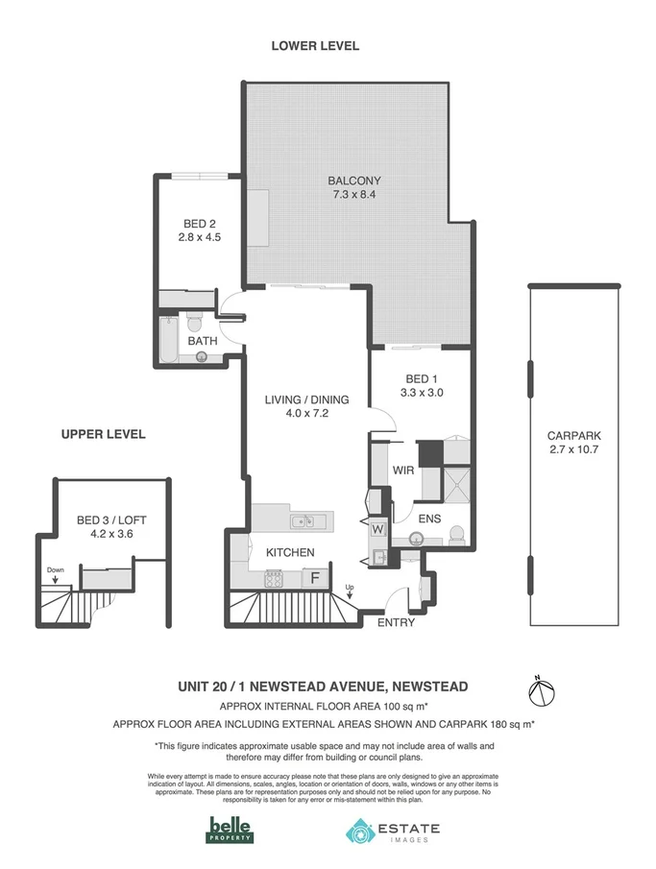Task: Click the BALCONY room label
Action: [354, 181]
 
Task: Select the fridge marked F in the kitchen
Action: [312, 578]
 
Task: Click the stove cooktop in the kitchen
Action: [274, 578]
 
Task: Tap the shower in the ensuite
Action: [454, 480]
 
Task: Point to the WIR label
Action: [403, 471]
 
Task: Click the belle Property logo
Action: [231, 830]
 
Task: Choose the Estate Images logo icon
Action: [360, 831]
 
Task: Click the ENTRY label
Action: [396, 622]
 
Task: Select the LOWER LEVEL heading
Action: [314, 45]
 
